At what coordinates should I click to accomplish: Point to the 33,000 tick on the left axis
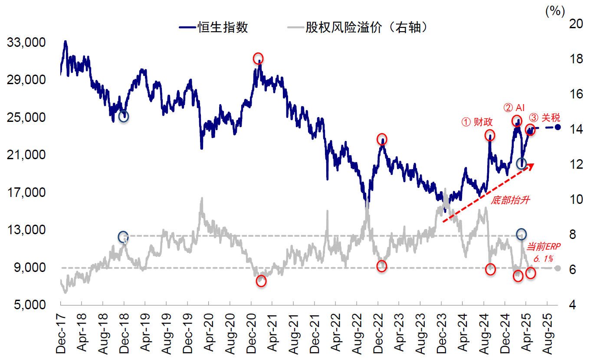(x=27, y=43)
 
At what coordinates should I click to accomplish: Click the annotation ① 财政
(x=477, y=122)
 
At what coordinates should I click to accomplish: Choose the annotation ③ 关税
(x=545, y=118)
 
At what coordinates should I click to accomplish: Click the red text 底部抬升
(x=511, y=200)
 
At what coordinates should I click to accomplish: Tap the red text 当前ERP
(x=543, y=247)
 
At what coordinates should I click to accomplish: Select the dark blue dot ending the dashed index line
(x=558, y=127)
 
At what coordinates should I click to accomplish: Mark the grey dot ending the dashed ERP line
(x=558, y=268)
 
